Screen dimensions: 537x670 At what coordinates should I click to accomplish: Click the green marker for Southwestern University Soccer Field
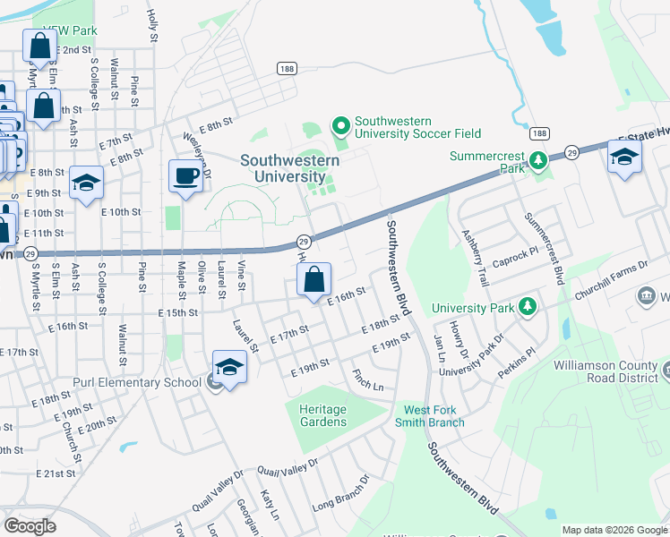pyautogui.click(x=340, y=125)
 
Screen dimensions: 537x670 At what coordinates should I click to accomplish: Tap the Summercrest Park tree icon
pyautogui.click(x=537, y=161)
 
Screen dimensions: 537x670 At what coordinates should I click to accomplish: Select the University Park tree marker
pyautogui.click(x=528, y=307)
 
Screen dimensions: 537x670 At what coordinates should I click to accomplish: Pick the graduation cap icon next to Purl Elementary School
pyautogui.click(x=229, y=367)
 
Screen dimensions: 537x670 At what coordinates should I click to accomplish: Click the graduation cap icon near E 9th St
pyautogui.click(x=86, y=184)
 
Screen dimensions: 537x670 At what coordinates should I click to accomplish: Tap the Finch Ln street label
pyautogui.click(x=367, y=380)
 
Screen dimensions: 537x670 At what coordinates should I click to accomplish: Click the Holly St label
pyautogui.click(x=151, y=28)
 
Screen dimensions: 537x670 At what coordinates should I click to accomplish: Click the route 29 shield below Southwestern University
pyautogui.click(x=304, y=243)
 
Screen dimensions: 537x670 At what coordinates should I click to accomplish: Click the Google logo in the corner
pyautogui.click(x=30, y=526)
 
